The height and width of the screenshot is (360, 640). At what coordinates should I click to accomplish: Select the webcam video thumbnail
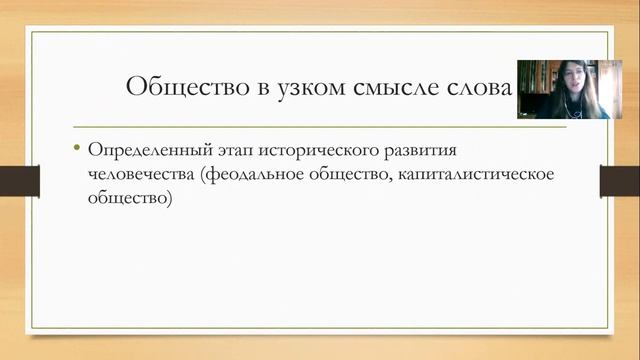[564, 89]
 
